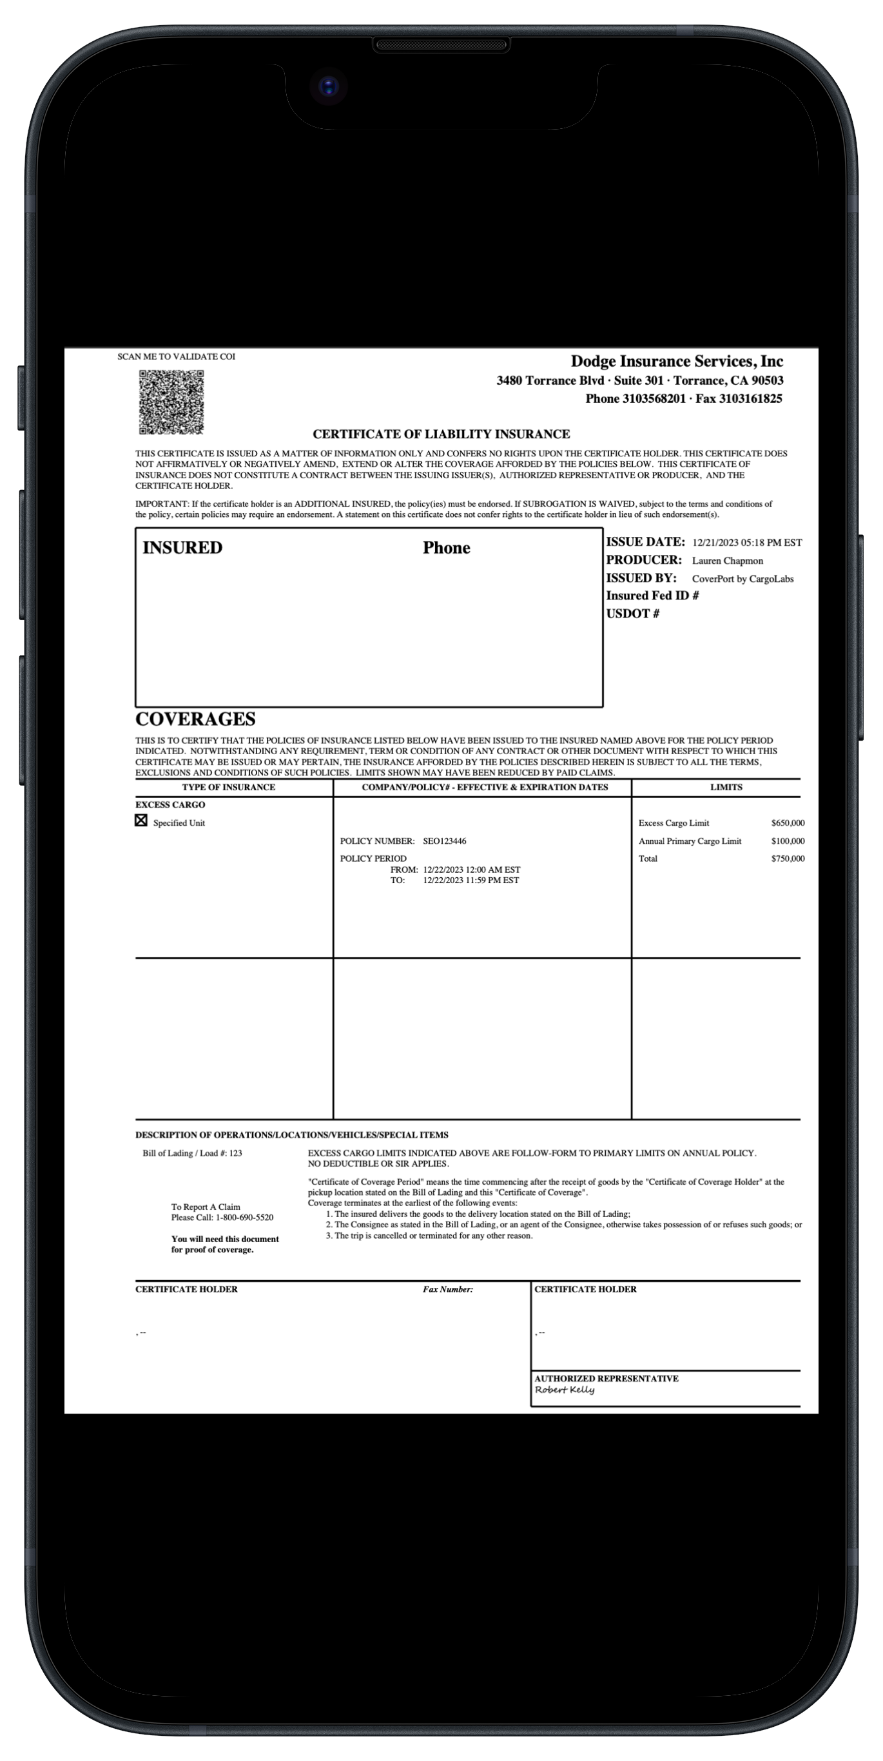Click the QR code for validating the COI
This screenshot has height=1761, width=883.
click(171, 402)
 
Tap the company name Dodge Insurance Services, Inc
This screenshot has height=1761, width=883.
click(677, 361)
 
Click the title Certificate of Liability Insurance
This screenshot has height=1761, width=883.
click(441, 434)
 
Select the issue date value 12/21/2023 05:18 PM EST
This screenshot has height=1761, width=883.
click(746, 543)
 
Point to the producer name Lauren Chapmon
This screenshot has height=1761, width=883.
click(727, 561)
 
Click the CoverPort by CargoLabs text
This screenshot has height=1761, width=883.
click(742, 579)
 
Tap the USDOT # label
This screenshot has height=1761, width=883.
click(632, 614)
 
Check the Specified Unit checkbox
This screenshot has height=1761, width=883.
click(141, 821)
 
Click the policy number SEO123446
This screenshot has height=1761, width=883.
click(444, 841)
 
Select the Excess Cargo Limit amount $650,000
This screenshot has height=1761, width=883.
click(788, 823)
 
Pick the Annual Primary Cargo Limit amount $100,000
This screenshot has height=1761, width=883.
click(788, 841)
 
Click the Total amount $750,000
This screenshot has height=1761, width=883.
click(788, 859)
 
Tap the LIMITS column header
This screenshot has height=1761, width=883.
click(726, 788)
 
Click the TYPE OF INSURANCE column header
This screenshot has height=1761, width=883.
click(228, 788)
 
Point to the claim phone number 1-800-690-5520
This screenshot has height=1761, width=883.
click(244, 1218)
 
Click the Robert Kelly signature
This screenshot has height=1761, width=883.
click(565, 1390)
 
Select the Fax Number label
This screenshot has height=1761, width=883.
click(448, 1289)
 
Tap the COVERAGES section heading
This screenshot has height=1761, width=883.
click(195, 719)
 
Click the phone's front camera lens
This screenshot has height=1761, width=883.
click(329, 87)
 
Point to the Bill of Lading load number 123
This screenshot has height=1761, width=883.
click(235, 1153)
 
